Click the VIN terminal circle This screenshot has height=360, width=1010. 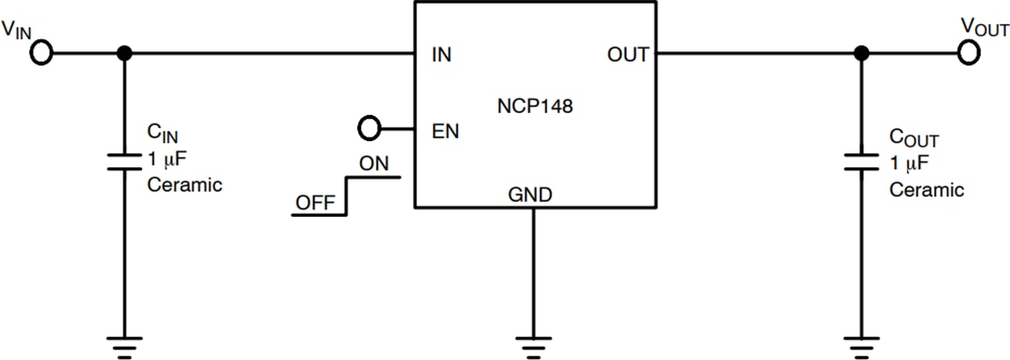click(x=41, y=53)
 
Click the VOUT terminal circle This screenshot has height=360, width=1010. click(x=969, y=53)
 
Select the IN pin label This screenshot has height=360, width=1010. click(x=441, y=55)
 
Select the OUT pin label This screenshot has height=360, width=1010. click(x=628, y=55)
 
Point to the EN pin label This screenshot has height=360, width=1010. click(x=445, y=130)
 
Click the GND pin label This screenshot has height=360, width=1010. click(x=530, y=195)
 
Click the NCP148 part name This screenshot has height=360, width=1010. click(x=535, y=107)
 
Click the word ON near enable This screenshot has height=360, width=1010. click(x=374, y=163)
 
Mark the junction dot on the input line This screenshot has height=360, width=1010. click(x=123, y=53)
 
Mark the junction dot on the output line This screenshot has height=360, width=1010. click(x=861, y=53)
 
